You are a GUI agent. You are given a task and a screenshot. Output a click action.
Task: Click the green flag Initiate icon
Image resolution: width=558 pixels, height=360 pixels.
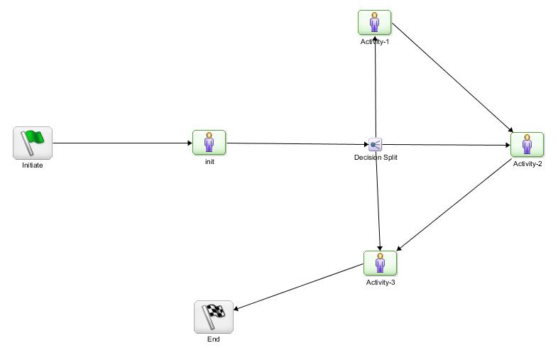(x=33, y=143)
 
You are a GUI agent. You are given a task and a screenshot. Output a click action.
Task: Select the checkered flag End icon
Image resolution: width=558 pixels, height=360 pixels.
(x=214, y=317)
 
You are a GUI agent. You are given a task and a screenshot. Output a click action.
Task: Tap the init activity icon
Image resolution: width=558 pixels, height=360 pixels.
(x=209, y=142)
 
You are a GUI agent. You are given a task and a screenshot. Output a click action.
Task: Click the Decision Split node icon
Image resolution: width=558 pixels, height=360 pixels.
(x=376, y=145)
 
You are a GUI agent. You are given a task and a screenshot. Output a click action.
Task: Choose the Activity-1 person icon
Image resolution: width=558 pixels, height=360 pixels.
(x=374, y=22)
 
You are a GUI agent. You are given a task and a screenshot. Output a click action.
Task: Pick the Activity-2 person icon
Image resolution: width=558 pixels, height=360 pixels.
(x=527, y=145)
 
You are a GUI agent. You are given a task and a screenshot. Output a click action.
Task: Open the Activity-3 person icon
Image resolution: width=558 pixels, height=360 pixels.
(x=380, y=263)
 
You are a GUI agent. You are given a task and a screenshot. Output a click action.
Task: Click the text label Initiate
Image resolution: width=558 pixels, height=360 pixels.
(x=33, y=165)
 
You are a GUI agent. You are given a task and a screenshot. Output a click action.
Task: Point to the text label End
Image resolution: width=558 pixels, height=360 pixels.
(x=214, y=339)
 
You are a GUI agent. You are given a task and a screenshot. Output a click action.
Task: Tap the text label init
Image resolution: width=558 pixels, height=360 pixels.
(x=209, y=161)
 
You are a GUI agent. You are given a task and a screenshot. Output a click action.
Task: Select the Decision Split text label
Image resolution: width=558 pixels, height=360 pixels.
(x=376, y=158)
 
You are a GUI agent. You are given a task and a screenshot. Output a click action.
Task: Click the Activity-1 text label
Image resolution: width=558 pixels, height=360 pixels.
(x=375, y=41)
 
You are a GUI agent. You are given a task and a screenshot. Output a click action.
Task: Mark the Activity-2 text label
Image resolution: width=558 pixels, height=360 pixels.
(x=527, y=164)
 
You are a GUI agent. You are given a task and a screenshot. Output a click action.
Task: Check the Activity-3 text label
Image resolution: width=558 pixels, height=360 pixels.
(x=381, y=283)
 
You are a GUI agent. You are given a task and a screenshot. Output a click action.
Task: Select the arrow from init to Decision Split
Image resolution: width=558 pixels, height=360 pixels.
(x=298, y=144)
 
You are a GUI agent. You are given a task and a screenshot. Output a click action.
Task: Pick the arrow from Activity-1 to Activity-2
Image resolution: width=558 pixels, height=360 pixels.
(x=452, y=77)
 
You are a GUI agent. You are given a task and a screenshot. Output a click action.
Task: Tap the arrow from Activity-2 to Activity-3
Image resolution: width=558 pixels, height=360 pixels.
(x=454, y=205)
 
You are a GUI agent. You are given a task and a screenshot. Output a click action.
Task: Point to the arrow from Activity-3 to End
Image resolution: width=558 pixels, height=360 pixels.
(x=298, y=287)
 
